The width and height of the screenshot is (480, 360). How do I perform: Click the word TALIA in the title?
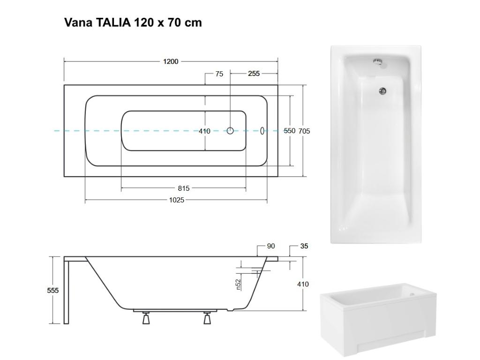[114, 22]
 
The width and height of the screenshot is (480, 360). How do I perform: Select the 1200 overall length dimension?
[171, 61]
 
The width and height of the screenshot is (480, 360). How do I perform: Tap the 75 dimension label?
[219, 74]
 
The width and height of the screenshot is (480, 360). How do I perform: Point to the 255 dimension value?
[254, 74]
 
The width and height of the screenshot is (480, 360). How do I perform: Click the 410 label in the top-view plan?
[204, 131]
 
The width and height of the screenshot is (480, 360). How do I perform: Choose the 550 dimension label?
[290, 131]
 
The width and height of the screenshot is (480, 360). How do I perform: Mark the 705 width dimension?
[304, 131]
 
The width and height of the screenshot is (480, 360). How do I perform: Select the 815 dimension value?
[184, 188]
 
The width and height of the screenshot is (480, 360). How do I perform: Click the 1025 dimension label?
[177, 200]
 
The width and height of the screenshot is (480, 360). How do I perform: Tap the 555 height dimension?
[53, 291]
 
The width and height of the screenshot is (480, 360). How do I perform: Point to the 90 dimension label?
[271, 246]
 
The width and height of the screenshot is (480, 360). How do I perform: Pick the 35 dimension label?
[304, 246]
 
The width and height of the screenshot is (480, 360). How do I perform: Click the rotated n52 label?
[238, 284]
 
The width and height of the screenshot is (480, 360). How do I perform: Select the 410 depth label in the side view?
[303, 284]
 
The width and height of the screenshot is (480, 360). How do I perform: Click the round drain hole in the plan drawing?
[230, 131]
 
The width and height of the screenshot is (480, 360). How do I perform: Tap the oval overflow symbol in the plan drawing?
[262, 131]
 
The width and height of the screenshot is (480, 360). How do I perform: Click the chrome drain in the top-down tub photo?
[383, 91]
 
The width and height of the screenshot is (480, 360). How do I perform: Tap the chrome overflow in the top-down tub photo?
[378, 61]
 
